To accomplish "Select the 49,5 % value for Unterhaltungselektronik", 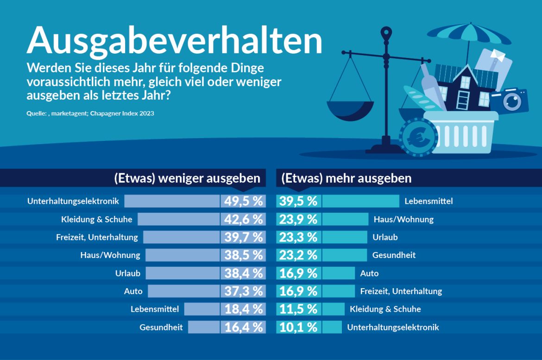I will [x=244, y=201].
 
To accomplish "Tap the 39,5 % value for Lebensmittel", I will [x=298, y=201].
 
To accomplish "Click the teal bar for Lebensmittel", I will [x=360, y=201].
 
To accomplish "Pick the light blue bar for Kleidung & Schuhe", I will [x=178, y=219].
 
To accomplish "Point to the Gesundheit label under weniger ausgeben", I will [x=161, y=327].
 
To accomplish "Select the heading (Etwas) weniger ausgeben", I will [x=187, y=178].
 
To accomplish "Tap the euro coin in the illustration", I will [x=418, y=137].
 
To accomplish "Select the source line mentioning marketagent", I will [x=90, y=114].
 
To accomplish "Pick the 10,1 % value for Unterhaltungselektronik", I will [x=298, y=327].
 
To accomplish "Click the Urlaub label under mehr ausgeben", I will [x=385, y=237].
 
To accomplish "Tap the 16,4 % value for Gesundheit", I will [x=244, y=327].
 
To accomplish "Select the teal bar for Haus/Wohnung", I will [x=345, y=219].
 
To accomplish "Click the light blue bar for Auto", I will [x=183, y=291].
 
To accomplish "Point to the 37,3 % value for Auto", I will [x=244, y=291].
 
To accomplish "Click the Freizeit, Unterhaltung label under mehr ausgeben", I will [x=401, y=291].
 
